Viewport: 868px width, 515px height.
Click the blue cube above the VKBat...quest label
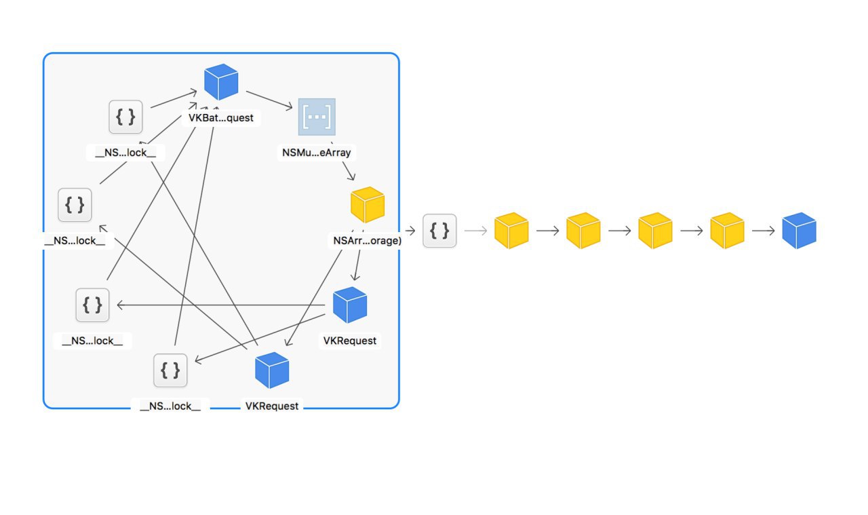[x=221, y=82]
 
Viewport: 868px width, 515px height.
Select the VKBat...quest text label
[x=221, y=118]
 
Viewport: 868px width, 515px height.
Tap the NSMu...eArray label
[x=316, y=153]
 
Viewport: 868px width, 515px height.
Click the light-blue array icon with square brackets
[x=317, y=117]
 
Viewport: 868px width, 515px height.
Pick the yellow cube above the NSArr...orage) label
[x=368, y=205]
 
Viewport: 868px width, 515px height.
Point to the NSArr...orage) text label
[x=368, y=240]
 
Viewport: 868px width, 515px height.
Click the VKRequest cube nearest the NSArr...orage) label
[x=350, y=305]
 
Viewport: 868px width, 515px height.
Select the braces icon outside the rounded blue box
[x=439, y=231]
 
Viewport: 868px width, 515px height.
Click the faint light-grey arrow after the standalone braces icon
[x=475, y=231]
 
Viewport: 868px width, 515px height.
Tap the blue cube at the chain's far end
[x=799, y=230]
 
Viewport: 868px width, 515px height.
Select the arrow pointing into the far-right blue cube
[x=764, y=231]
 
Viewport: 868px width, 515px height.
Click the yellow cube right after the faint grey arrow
[x=511, y=230]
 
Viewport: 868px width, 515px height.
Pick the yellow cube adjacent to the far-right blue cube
[x=727, y=230]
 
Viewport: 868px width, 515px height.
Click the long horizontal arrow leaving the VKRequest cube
[x=221, y=305]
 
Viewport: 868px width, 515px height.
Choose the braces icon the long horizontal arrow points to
[x=93, y=305]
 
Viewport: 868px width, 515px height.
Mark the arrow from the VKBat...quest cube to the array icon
[x=269, y=100]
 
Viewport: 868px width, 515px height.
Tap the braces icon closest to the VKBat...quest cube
[x=125, y=117]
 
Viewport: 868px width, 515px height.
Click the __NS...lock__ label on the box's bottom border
[x=170, y=406]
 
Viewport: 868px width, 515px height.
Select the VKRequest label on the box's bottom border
[x=272, y=406]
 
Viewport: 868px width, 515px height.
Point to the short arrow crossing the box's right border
[x=410, y=231]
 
